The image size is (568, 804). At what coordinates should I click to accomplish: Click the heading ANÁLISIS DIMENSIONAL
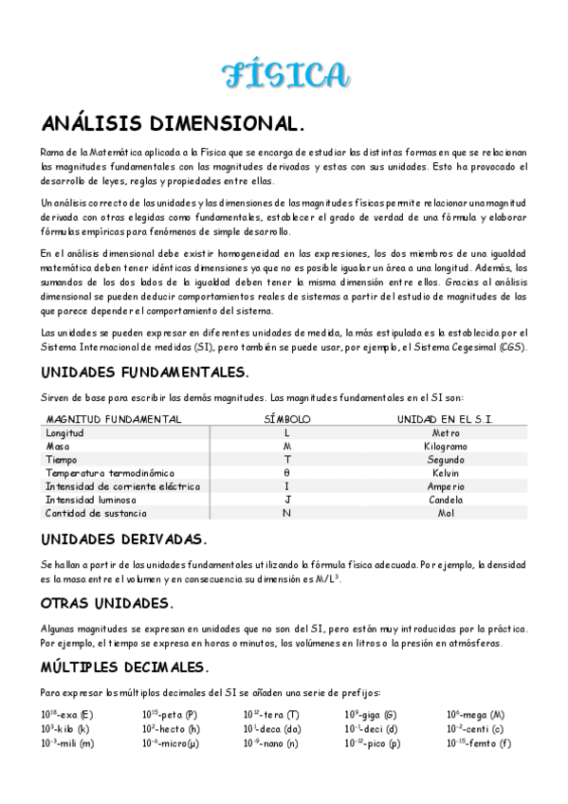pyautogui.click(x=174, y=124)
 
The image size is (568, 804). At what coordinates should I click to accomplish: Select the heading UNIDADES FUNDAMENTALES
pyautogui.click(x=145, y=372)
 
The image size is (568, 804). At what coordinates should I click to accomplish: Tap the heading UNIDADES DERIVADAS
pyautogui.click(x=123, y=539)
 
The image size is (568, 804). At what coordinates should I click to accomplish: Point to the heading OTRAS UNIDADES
pyautogui.click(x=106, y=603)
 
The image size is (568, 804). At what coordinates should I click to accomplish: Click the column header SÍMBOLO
pyautogui.click(x=286, y=419)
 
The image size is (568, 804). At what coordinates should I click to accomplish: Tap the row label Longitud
pyautogui.click(x=65, y=432)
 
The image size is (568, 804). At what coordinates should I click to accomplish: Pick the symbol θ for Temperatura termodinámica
pyautogui.click(x=286, y=472)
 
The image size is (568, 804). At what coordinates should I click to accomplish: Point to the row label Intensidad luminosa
pyautogui.click(x=91, y=500)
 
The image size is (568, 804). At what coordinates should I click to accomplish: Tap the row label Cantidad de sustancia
pyautogui.click(x=96, y=513)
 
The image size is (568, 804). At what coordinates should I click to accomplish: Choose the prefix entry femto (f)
pyautogui.click(x=479, y=743)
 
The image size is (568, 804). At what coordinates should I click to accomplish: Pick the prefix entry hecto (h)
pyautogui.click(x=171, y=729)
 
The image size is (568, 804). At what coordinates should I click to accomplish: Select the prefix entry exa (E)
pyautogui.click(x=67, y=715)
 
